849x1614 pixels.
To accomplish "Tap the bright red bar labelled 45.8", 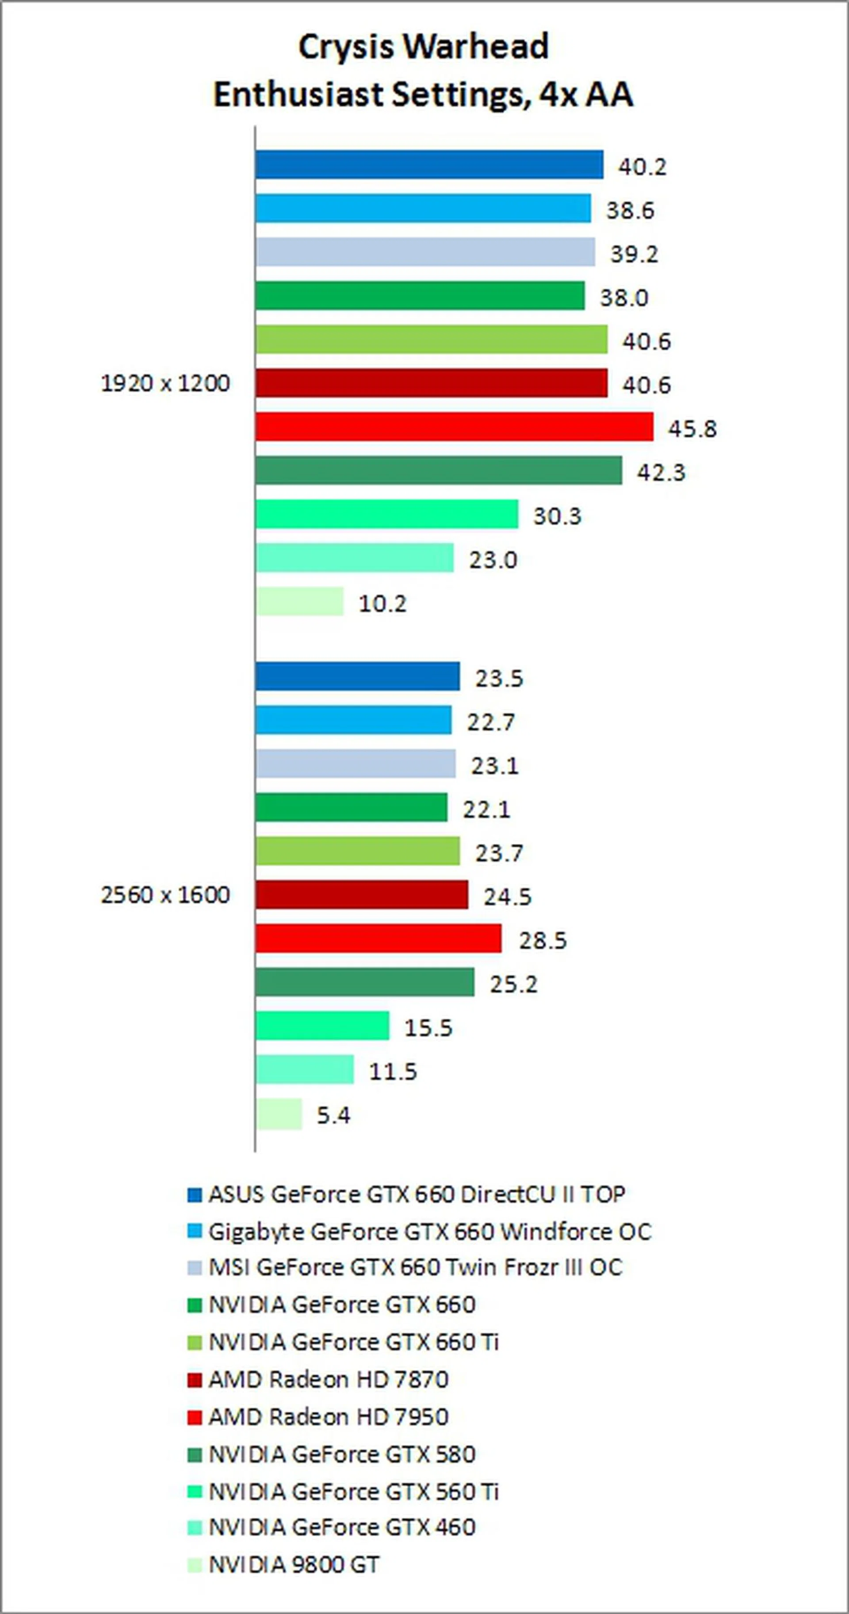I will click(454, 427).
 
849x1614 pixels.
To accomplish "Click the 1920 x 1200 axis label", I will click(165, 383).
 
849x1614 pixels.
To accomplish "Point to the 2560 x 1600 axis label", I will click(165, 895).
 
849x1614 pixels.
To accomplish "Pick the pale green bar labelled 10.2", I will click(299, 602).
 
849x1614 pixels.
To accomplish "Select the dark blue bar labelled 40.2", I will click(429, 165).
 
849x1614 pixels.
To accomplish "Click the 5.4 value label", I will click(333, 1115).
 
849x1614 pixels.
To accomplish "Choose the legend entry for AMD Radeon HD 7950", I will click(328, 1417).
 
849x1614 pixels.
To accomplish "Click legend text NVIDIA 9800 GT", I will click(294, 1564).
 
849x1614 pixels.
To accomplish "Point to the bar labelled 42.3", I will click(439, 470).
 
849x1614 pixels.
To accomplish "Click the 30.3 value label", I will click(557, 516).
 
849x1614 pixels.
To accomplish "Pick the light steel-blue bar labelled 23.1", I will click(355, 764).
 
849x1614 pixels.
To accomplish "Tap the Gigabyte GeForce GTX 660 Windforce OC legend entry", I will click(430, 1232).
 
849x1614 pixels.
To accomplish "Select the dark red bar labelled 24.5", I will click(362, 895).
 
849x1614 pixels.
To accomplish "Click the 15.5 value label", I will click(428, 1028).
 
